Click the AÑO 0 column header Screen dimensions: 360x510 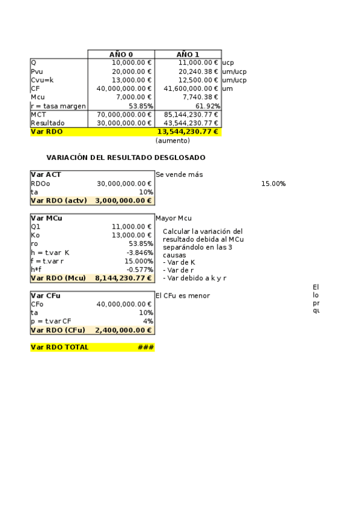coord(121,54)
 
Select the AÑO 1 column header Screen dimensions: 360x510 coord(188,54)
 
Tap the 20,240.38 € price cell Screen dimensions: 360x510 coord(198,72)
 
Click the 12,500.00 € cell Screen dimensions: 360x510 coord(198,80)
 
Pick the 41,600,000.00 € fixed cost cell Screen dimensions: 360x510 coord(191,88)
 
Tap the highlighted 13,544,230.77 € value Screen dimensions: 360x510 coord(187,132)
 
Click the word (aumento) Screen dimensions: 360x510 coord(172,141)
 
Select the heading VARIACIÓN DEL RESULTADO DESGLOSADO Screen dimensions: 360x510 coord(126,158)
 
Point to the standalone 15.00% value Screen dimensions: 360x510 coord(273,183)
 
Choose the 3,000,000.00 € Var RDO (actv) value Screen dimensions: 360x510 coord(123,200)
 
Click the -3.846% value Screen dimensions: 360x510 coord(139,253)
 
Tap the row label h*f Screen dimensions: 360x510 coord(36,269)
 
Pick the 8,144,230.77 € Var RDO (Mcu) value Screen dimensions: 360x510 coord(123,278)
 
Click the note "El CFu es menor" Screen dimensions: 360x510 coord(183,295)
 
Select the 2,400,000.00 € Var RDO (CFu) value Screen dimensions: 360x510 coord(123,330)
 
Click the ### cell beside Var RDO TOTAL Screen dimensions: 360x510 coord(145,347)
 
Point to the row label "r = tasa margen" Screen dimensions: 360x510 coord(58,106)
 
